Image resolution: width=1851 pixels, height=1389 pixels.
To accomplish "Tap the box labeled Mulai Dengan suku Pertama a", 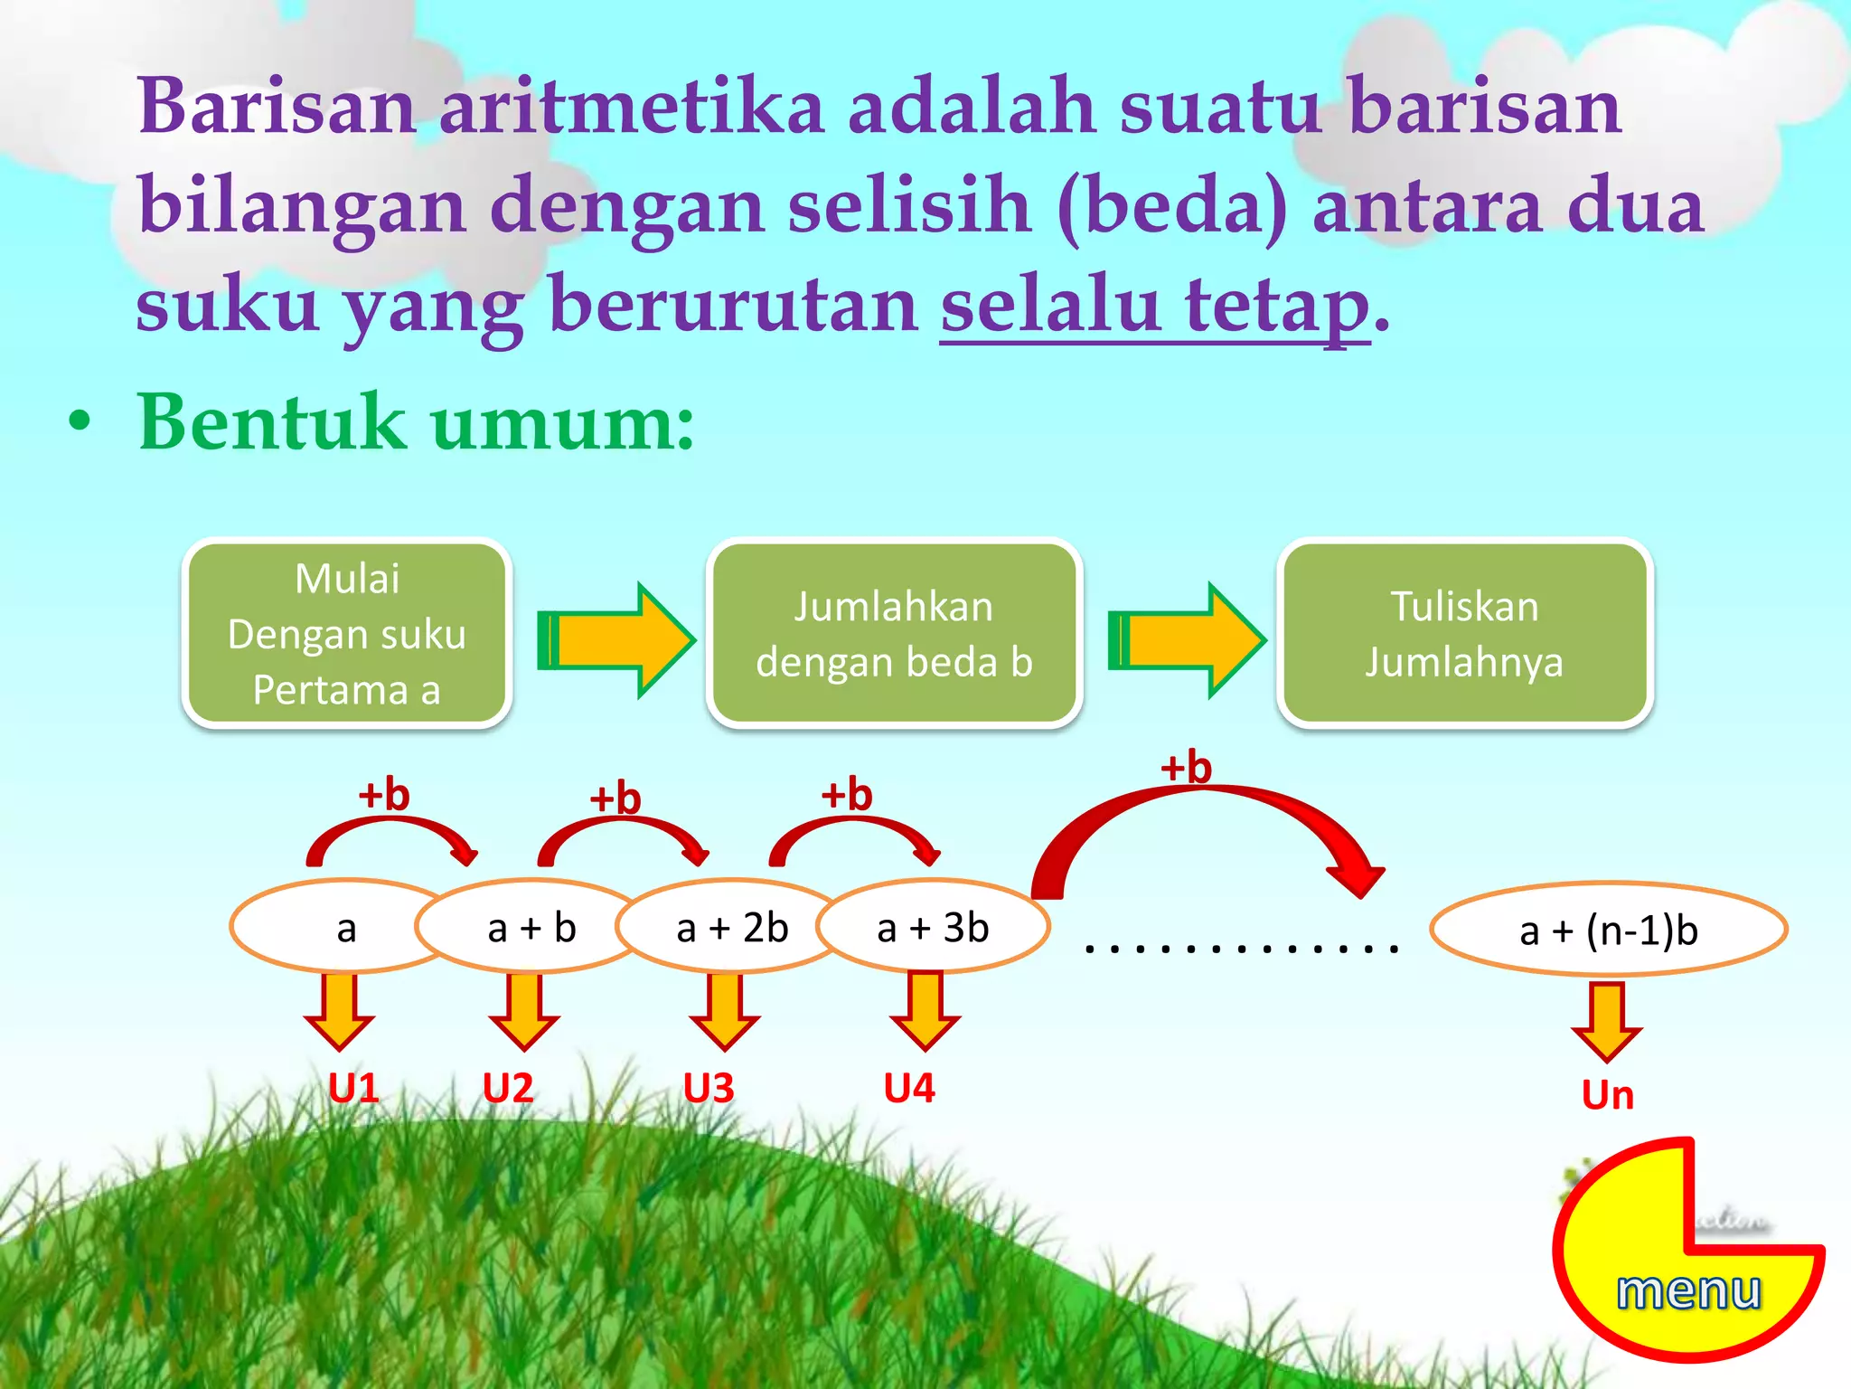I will [347, 633].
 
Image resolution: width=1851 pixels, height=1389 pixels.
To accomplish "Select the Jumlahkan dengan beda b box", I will [893, 633].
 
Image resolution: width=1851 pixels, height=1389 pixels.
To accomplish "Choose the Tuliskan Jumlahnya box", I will [1464, 633].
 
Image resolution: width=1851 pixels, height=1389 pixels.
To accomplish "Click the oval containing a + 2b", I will [732, 928].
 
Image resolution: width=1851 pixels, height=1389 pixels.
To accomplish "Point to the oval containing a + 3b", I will [934, 928].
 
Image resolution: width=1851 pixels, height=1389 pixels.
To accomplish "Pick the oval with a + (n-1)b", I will [1609, 931].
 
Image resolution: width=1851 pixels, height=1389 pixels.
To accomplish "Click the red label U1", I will [353, 1088].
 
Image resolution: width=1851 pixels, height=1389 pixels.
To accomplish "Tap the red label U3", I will [709, 1088].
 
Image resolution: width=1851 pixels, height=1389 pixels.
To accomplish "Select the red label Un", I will [1608, 1095].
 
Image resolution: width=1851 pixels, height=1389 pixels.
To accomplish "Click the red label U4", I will [909, 1088].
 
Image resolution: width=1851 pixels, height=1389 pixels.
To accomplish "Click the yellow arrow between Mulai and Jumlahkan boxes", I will [616, 640].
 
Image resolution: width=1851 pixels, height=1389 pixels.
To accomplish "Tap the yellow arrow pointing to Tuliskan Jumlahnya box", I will [1187, 640].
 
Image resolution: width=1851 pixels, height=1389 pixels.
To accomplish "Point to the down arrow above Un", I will [1607, 1020].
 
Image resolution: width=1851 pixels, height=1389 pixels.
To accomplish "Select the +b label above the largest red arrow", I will [1186, 767].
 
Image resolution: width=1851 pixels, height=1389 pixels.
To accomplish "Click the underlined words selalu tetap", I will [1155, 306].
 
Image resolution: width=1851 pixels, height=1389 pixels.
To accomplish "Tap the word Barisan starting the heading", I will [277, 107].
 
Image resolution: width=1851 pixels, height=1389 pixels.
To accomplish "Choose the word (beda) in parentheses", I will [1172, 206].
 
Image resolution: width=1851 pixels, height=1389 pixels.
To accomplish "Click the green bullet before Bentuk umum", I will [80, 422].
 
